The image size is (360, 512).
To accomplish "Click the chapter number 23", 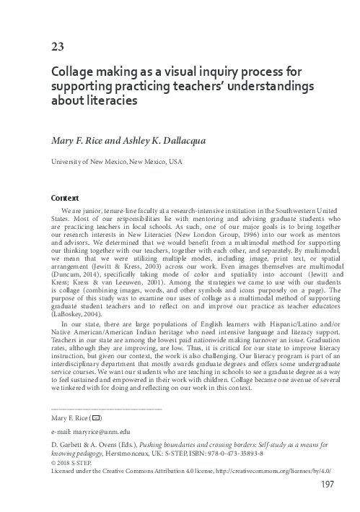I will [57, 48].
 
